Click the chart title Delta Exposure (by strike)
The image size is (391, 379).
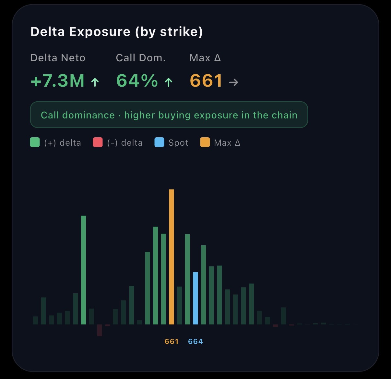click(116, 32)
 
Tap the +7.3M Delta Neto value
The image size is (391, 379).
click(58, 81)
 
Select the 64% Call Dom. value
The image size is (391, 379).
click(137, 81)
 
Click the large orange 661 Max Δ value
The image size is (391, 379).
click(206, 81)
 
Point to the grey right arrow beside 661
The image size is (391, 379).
click(233, 82)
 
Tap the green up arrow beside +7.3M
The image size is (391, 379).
click(95, 82)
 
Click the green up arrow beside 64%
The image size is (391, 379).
click(168, 82)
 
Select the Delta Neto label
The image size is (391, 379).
click(58, 58)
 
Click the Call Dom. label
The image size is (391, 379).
click(141, 58)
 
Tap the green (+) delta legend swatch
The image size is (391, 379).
click(35, 142)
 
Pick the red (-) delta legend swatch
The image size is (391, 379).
click(98, 142)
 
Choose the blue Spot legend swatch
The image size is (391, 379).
click(159, 142)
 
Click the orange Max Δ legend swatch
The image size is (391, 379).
click(205, 142)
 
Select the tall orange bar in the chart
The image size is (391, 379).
click(172, 256)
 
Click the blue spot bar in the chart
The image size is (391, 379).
click(195, 298)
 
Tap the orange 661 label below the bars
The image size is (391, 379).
click(172, 341)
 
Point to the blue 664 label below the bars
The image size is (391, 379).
click(195, 341)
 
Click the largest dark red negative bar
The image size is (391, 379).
click(100, 330)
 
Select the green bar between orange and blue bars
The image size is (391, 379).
click(187, 279)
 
